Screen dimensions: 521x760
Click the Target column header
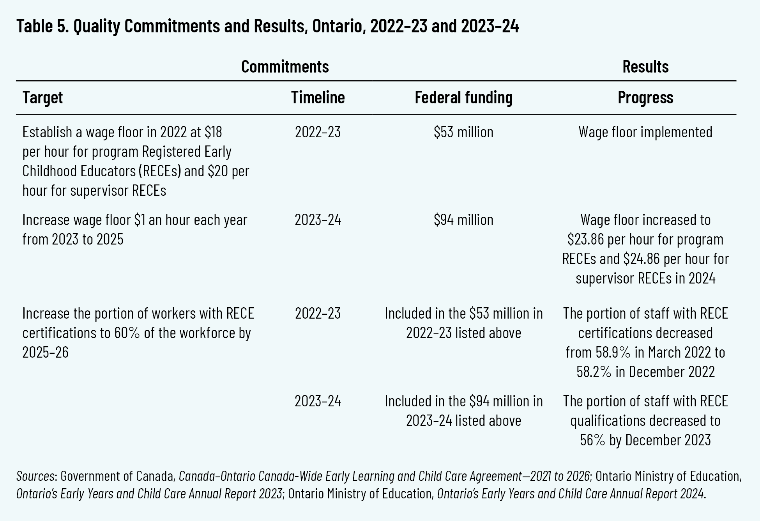pyautogui.click(x=42, y=97)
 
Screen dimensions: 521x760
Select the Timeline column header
pyautogui.click(x=318, y=97)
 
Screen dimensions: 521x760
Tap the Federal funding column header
pyautogui.click(x=463, y=97)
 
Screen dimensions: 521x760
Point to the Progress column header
pyautogui.click(x=645, y=97)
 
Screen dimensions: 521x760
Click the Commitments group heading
pyautogui.click(x=285, y=67)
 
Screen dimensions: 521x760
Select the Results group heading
pyautogui.click(x=645, y=67)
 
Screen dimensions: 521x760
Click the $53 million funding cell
pyautogui.click(x=463, y=132)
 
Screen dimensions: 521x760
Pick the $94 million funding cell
pyautogui.click(x=463, y=220)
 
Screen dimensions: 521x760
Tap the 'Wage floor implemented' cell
pyautogui.click(x=645, y=132)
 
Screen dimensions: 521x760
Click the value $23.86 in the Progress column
pyautogui.click(x=586, y=239)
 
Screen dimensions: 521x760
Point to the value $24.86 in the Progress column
pyautogui.click(x=642, y=259)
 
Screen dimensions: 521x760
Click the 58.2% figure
pyautogui.click(x=594, y=372)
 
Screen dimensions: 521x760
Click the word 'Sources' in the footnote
pyautogui.click(x=35, y=476)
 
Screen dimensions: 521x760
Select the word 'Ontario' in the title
pyautogui.click(x=337, y=27)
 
